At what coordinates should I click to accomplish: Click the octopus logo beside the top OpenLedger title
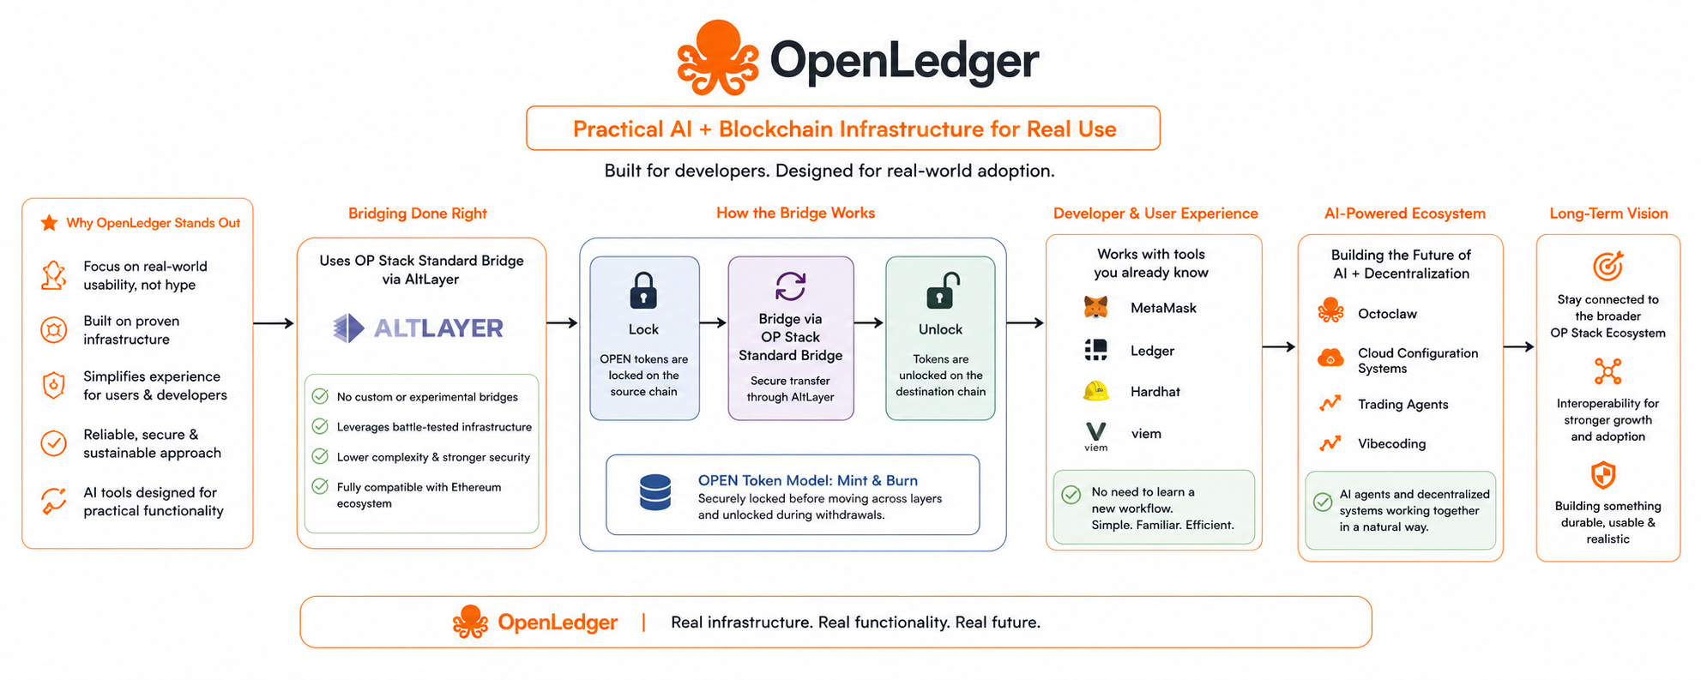(718, 57)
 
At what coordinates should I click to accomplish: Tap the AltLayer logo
(418, 328)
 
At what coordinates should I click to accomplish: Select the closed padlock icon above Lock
(643, 290)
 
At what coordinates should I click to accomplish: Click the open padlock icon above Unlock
(942, 290)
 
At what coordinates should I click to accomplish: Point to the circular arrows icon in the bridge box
(790, 286)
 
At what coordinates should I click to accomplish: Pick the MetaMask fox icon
(1095, 307)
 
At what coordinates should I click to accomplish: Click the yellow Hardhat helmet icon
(1095, 391)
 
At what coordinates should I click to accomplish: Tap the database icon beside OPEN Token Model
(655, 492)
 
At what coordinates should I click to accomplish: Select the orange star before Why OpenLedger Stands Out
(50, 223)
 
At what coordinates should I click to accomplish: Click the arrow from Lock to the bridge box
(713, 322)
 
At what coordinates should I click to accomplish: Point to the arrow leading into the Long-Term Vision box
(1518, 346)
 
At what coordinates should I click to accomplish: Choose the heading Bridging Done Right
(418, 214)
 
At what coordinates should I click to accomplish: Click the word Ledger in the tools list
(1152, 351)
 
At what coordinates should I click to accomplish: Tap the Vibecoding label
(1391, 443)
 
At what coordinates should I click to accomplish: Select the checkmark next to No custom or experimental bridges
(320, 396)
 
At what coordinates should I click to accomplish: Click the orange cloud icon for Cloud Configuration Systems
(1330, 358)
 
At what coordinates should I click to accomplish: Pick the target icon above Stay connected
(1608, 266)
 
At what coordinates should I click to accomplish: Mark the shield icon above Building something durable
(1603, 474)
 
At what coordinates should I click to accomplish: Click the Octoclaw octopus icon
(1330, 310)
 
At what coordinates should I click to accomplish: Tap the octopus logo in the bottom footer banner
(470, 622)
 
